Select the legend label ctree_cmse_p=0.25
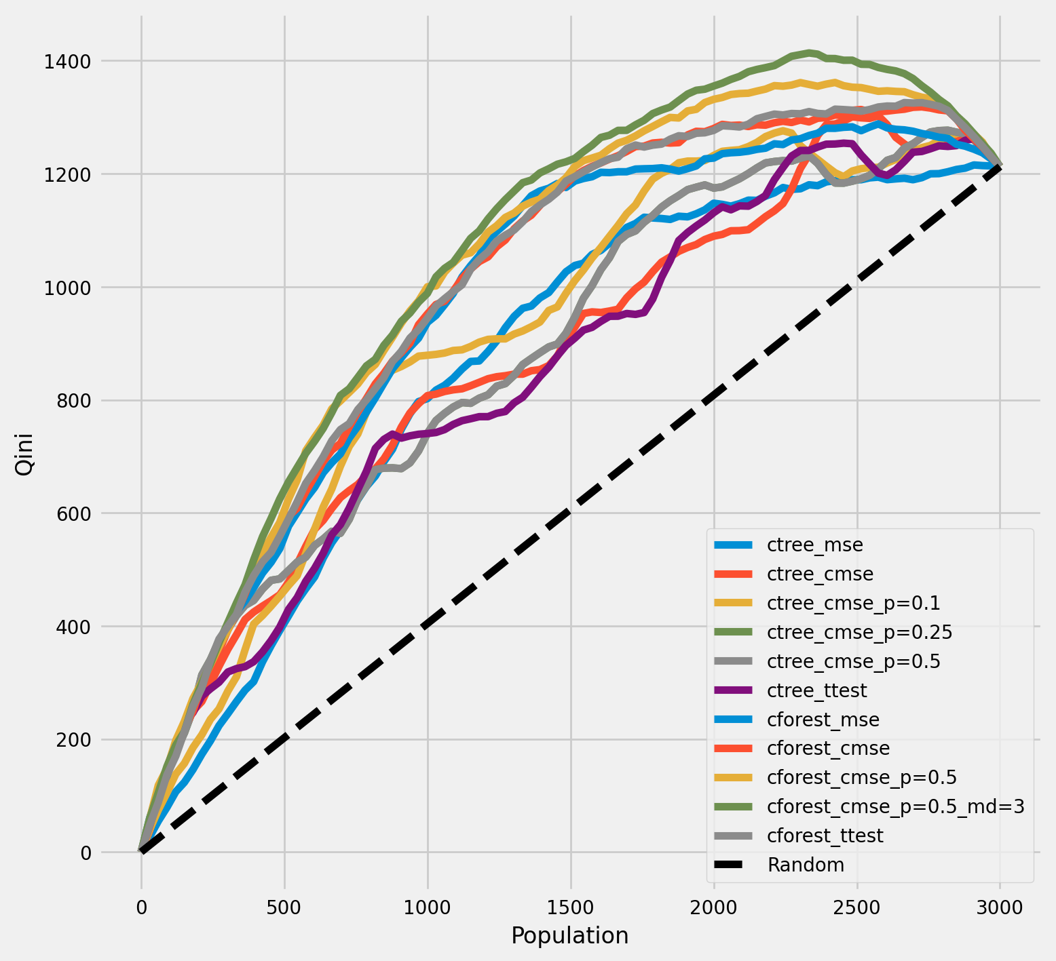pos(859,632)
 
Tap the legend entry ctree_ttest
pos(816,690)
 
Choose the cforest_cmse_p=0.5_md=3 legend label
pos(895,806)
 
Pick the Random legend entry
pos(806,865)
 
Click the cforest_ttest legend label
pos(825,836)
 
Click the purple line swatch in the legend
pos(734,690)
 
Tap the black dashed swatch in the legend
pos(734,865)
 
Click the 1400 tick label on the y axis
pos(67,62)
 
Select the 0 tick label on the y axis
pos(86,853)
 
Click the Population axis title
pos(569,935)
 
